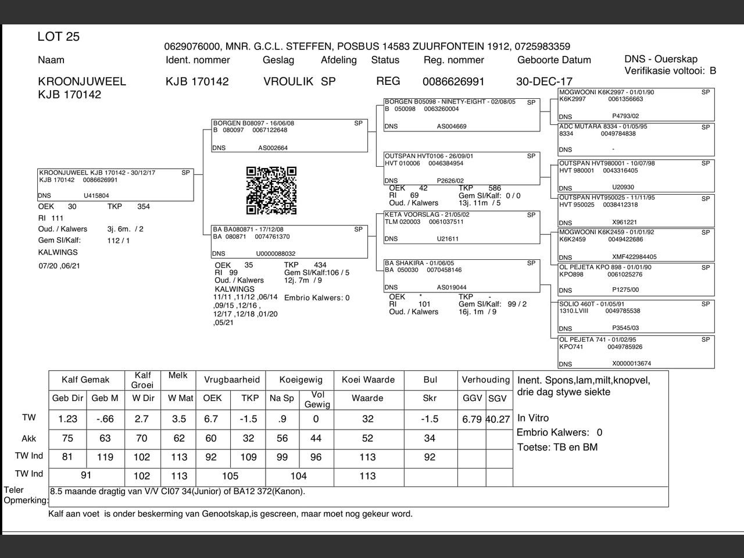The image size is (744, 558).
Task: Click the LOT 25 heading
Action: (58, 37)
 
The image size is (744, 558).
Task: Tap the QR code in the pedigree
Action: (271, 191)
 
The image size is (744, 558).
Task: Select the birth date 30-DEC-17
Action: (544, 82)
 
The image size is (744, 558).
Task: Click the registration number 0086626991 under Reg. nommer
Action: (453, 82)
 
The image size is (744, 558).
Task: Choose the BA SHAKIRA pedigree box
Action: (462, 276)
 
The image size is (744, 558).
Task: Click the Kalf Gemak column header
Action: (85, 380)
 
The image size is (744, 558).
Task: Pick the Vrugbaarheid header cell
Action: (231, 380)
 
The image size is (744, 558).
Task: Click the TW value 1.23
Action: (67, 419)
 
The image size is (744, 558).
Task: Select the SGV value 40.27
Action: (498, 419)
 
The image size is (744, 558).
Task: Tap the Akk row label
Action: (29, 438)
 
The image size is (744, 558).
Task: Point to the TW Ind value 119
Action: (105, 457)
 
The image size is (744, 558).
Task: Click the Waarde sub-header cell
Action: (367, 399)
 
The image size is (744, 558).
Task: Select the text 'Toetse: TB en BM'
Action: (557, 447)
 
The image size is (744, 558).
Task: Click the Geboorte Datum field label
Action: (554, 60)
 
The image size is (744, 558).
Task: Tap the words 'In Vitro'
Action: (533, 418)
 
